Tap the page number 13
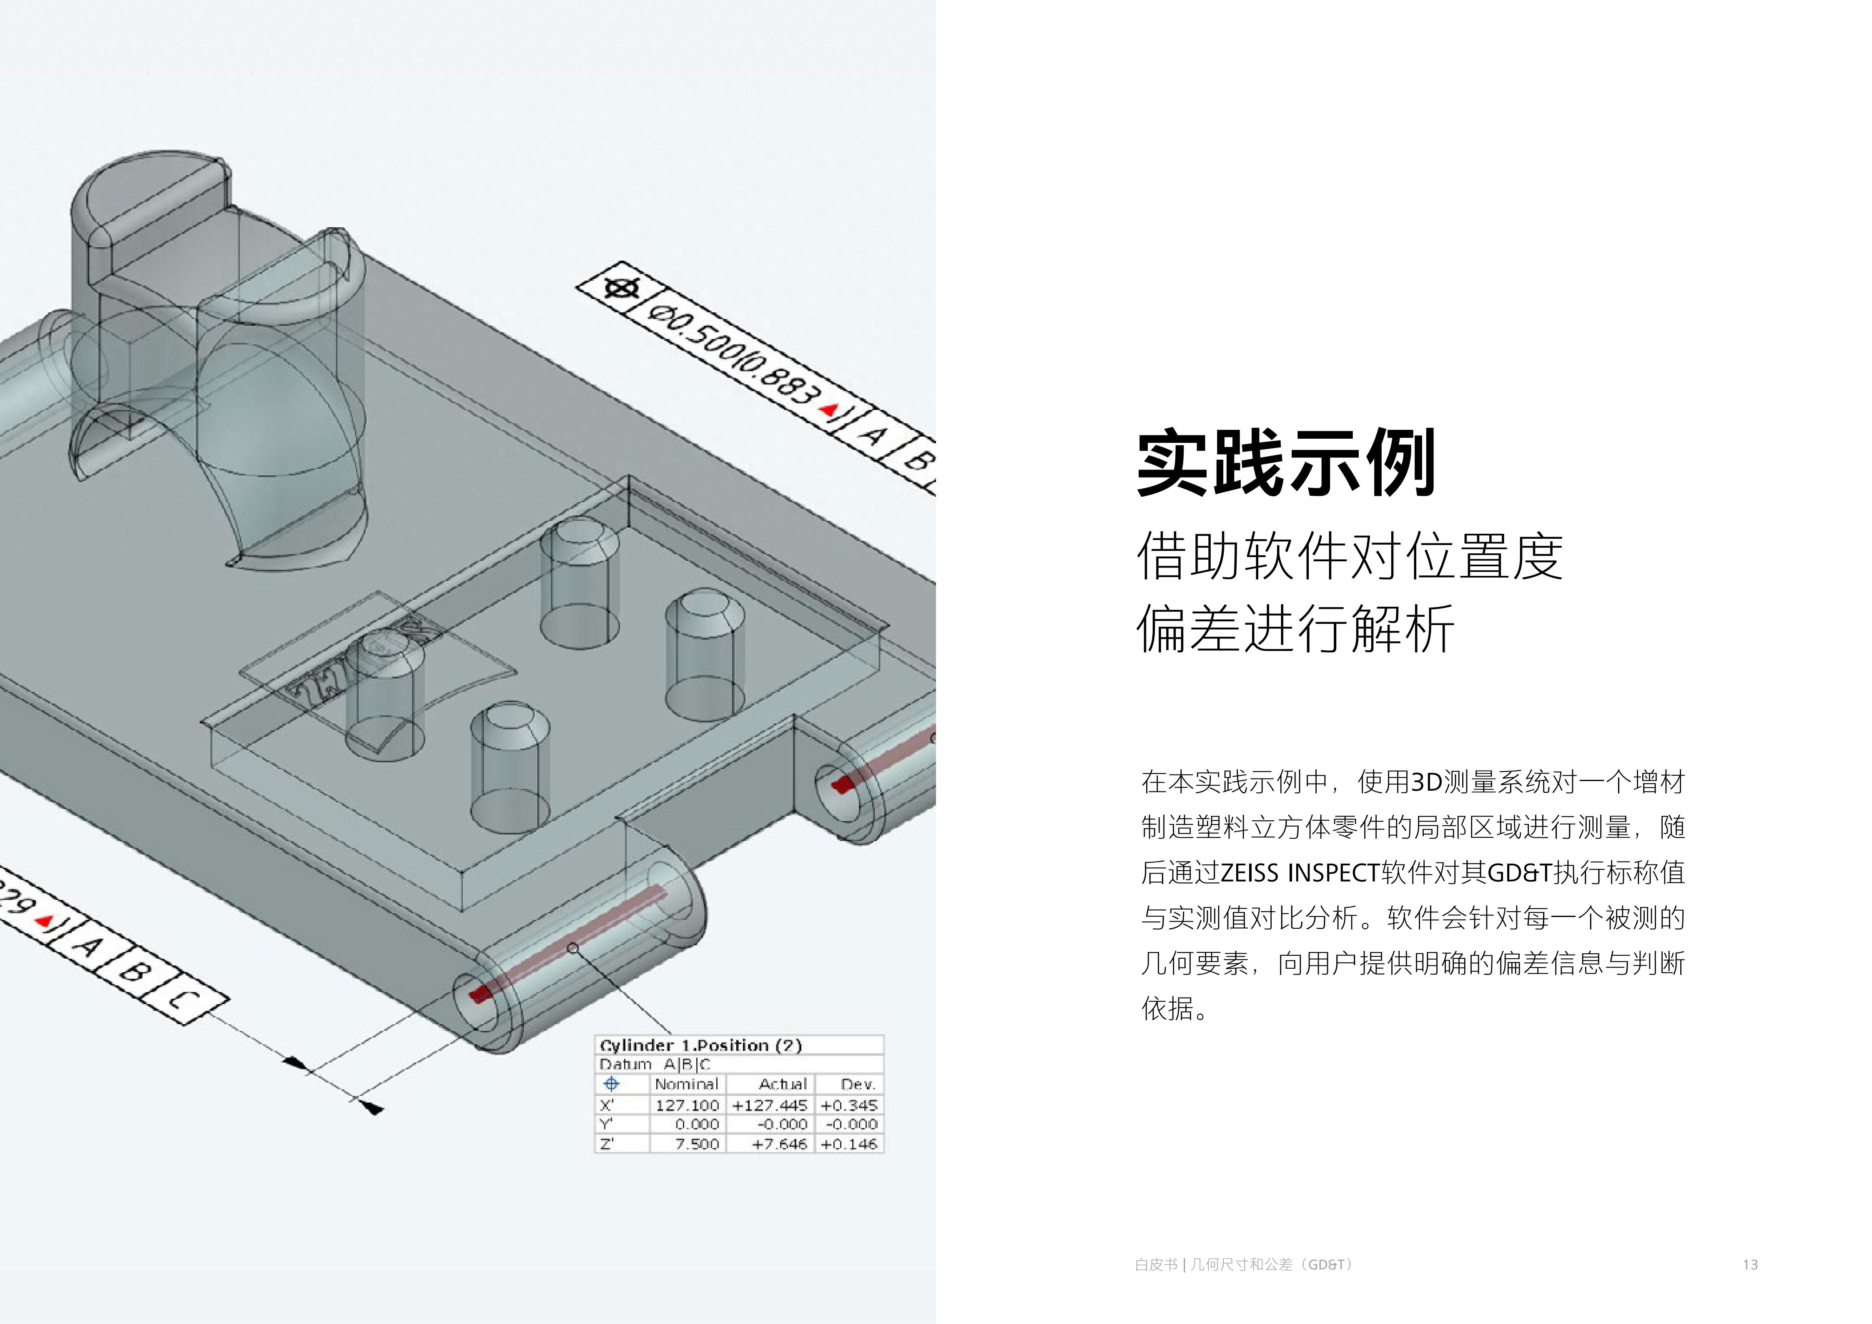click(1750, 1264)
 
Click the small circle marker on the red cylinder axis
click(573, 947)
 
